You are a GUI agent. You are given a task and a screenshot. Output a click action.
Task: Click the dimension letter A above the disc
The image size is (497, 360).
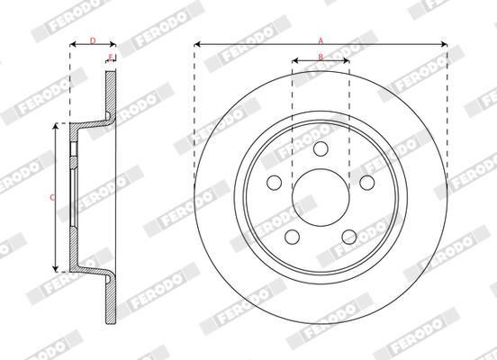tap(321, 39)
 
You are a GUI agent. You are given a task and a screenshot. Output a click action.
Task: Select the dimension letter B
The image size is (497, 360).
tap(321, 57)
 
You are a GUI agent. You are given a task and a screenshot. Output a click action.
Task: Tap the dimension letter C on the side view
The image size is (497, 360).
tap(52, 196)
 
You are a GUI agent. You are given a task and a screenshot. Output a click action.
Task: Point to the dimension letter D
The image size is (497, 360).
tap(94, 40)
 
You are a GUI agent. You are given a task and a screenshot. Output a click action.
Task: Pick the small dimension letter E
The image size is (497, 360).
tap(110, 58)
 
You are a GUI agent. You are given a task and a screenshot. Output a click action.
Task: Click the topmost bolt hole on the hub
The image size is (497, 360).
tap(321, 148)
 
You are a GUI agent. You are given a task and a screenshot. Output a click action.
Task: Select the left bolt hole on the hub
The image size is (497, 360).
tap(273, 183)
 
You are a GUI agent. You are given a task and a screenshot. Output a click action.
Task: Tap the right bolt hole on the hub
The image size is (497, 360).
tap(366, 183)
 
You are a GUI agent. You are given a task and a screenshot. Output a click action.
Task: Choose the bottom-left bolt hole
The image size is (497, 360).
tap(292, 237)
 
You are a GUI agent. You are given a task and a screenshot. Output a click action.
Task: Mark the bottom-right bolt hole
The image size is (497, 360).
tap(349, 237)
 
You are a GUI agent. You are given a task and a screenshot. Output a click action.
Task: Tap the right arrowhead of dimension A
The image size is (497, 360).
tap(444, 43)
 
